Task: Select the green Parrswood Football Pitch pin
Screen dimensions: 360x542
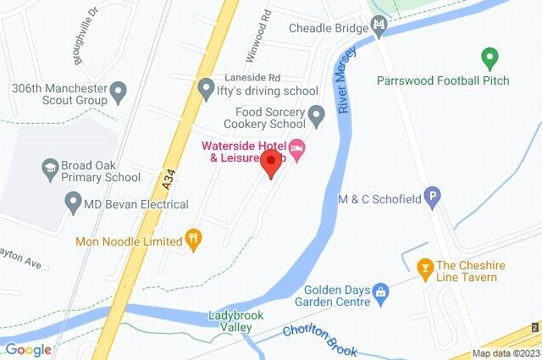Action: [x=488, y=59]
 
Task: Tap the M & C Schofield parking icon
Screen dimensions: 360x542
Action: [x=433, y=197]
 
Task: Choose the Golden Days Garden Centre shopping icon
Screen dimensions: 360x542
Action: [x=380, y=293]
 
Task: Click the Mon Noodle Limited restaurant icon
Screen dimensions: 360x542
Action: [x=194, y=241]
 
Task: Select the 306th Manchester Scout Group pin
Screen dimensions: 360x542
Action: [x=119, y=90]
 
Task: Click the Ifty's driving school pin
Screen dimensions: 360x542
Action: [x=206, y=88]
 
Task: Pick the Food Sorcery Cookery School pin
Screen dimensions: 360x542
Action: [x=316, y=114]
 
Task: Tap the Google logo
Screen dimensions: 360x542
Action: [x=27, y=349]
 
